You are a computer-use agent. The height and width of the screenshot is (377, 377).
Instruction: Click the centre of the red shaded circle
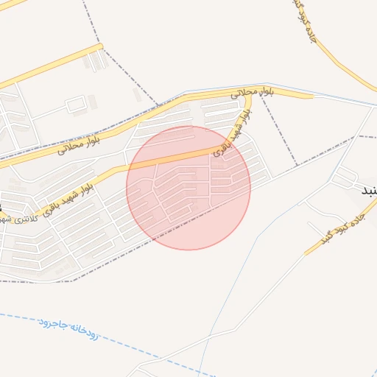click(x=188, y=188)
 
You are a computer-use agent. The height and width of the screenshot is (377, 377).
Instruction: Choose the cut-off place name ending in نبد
click(x=367, y=191)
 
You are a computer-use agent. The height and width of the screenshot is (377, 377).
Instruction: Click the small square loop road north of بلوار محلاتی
click(x=76, y=105)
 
